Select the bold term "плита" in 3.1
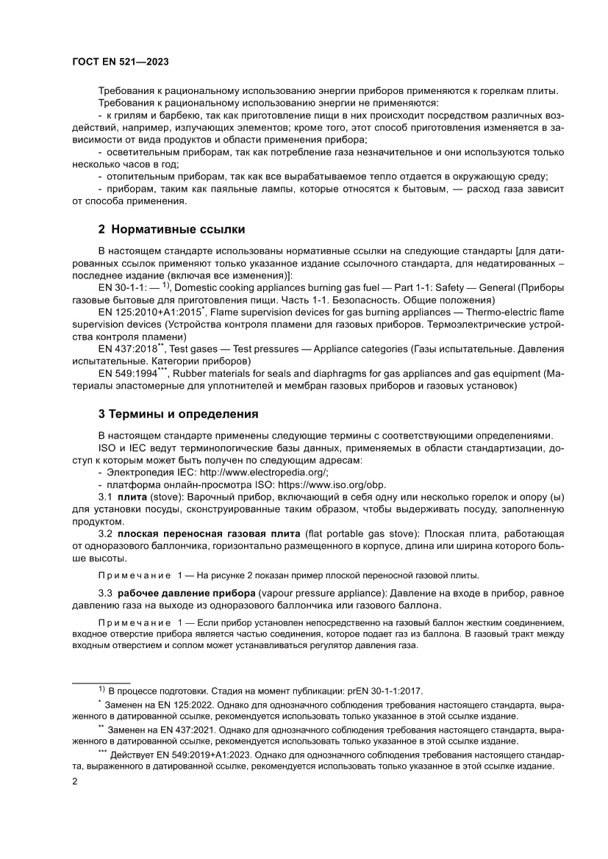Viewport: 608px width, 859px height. point(132,497)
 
